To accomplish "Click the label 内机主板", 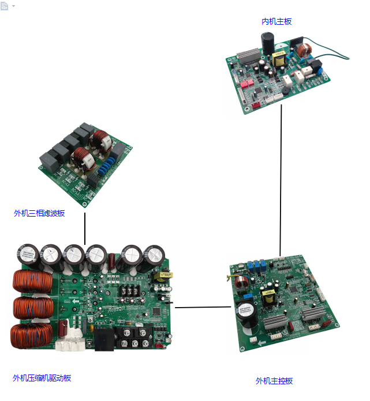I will pos(276,21).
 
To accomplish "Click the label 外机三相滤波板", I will pos(39,213).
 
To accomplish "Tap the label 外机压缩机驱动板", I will pos(42,378).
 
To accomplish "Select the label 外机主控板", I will pos(274,381).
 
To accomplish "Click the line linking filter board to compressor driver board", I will pos(85,229).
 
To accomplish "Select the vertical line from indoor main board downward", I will pos(281,179).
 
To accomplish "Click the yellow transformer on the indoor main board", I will pos(280,58).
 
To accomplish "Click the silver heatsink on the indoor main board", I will pos(248,56).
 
